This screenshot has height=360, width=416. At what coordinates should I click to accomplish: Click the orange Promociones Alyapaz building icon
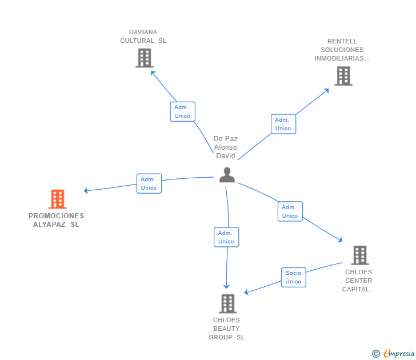58,199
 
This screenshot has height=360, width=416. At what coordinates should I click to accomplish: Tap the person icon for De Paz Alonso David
227,175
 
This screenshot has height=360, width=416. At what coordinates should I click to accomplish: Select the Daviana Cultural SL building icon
145,58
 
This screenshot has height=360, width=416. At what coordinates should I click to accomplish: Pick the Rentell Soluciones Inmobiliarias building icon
343,76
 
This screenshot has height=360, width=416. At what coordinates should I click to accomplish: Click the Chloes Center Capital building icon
360,255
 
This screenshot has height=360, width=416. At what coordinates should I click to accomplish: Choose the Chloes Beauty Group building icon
228,303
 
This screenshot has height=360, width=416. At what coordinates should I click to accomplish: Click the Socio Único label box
294,277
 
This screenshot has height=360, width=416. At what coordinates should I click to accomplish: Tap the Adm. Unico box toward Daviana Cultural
182,111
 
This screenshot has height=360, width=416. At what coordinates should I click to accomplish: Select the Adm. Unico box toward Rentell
283,124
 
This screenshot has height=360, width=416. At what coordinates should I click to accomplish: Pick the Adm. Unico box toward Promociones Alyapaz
149,183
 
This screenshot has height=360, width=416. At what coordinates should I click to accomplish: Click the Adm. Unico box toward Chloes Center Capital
290,211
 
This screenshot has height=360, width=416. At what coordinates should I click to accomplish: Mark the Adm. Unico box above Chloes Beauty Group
226,237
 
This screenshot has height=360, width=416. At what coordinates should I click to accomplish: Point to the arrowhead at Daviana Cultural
153,73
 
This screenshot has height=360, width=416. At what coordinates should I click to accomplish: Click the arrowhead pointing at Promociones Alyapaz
86,190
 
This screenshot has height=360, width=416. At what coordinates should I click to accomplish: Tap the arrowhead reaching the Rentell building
327,91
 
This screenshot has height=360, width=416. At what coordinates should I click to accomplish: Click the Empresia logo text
399,353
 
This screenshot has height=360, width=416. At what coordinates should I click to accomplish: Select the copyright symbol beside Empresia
375,354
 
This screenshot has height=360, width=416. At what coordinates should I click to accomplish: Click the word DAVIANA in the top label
143,32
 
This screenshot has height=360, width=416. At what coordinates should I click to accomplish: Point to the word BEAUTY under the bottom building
226,329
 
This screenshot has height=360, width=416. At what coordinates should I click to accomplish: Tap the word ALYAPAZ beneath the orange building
49,225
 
